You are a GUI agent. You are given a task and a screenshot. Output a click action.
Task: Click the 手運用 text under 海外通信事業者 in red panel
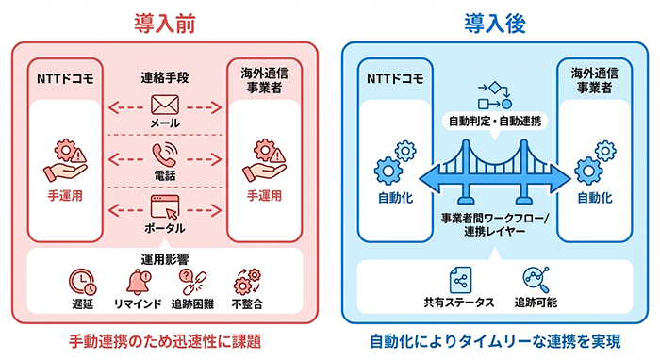click(264, 196)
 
